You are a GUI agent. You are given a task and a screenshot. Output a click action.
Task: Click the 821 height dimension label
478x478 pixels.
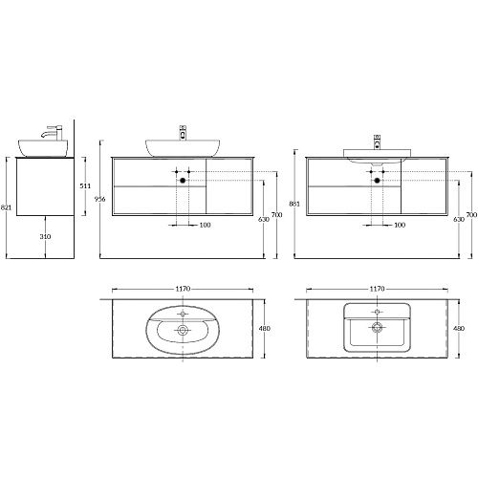(6, 207)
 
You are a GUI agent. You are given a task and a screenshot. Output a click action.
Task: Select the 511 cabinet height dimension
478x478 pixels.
(85, 185)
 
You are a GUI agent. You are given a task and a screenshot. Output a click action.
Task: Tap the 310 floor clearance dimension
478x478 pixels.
(45, 236)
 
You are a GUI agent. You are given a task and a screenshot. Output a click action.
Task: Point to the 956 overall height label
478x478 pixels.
(100, 199)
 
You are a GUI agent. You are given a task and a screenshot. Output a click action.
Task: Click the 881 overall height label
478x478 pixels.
(294, 204)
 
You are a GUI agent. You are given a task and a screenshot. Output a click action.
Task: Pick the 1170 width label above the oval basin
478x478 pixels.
(183, 289)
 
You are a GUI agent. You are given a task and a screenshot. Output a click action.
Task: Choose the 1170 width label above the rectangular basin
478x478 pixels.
(377, 289)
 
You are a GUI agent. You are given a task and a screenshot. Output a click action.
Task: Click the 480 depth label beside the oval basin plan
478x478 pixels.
(265, 328)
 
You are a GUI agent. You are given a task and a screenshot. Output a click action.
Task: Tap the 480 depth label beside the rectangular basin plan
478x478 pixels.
(459, 328)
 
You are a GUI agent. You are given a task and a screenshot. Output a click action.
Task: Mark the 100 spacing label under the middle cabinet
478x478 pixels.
(206, 225)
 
